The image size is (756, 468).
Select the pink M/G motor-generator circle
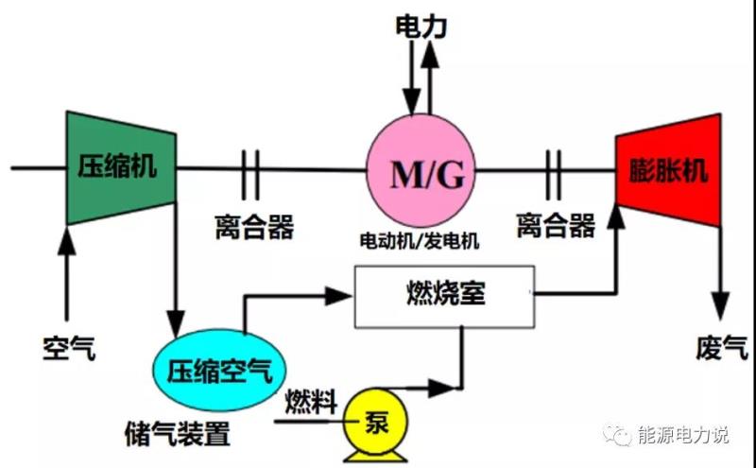(x=421, y=171)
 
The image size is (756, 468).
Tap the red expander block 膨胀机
(x=668, y=171)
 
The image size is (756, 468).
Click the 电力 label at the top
(x=421, y=26)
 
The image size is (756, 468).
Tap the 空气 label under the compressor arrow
(x=69, y=348)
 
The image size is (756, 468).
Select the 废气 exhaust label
(x=723, y=348)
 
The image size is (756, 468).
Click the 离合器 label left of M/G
(x=253, y=226)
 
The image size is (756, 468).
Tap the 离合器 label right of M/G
(x=556, y=226)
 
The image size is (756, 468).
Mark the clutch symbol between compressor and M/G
(x=250, y=170)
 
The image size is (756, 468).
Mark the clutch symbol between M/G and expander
(x=554, y=170)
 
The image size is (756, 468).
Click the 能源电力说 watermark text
(x=684, y=435)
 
